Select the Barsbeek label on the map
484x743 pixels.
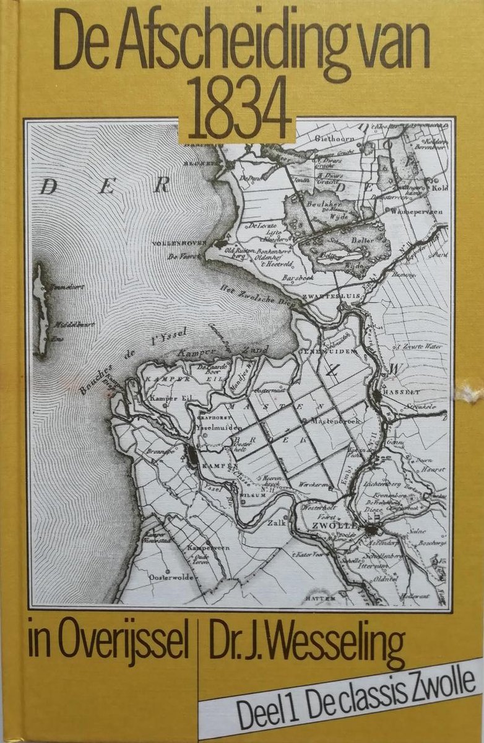tap(297, 279)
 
